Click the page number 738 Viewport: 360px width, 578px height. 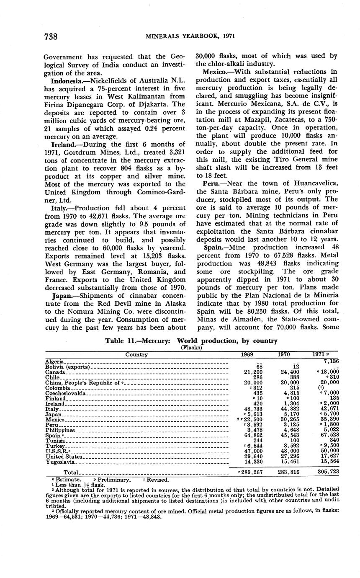[x=51, y=36]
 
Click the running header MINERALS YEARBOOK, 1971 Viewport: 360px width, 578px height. [x=190, y=36]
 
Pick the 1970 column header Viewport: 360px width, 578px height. [x=284, y=354]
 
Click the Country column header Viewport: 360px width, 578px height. [x=136, y=354]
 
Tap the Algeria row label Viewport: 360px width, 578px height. [x=54, y=361]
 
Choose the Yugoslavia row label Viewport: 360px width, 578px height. [x=60, y=462]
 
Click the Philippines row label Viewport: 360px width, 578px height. [x=60, y=430]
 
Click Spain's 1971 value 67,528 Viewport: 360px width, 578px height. [x=329, y=436]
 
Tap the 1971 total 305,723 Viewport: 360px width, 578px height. [x=327, y=472]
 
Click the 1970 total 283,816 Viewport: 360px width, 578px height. [x=288, y=472]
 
